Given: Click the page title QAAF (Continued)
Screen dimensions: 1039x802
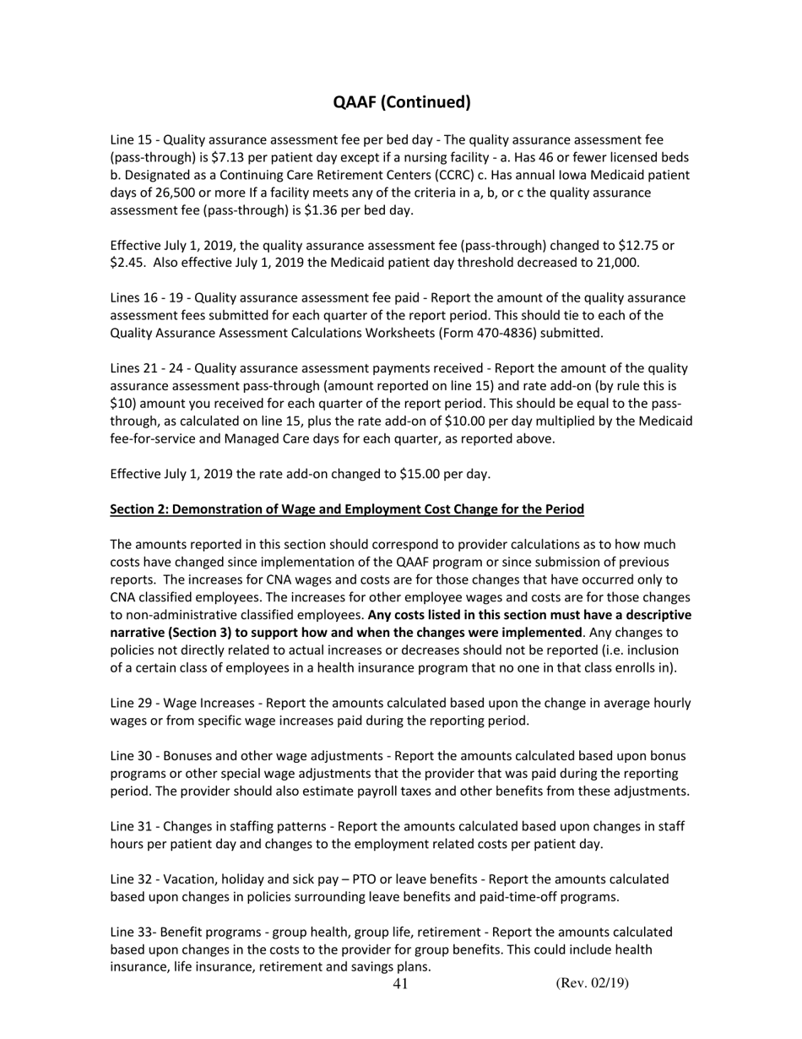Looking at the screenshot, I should coord(401,102).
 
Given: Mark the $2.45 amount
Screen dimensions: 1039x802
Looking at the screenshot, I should coord(128,262).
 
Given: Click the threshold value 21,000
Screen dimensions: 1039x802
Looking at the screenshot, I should coord(610,262).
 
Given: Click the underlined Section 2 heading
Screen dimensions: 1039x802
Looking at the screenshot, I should coord(347,509).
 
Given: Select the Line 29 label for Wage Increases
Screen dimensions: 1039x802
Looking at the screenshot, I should coord(130,703).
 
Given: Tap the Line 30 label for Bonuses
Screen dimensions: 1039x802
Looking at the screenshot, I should coord(130,756).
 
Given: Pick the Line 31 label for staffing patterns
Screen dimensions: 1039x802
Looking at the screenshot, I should coord(130,826).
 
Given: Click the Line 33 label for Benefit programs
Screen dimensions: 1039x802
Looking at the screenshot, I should coord(129,932).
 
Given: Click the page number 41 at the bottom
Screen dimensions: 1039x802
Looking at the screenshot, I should coord(400,984).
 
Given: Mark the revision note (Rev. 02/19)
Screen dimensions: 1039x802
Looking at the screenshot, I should coord(592,983).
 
